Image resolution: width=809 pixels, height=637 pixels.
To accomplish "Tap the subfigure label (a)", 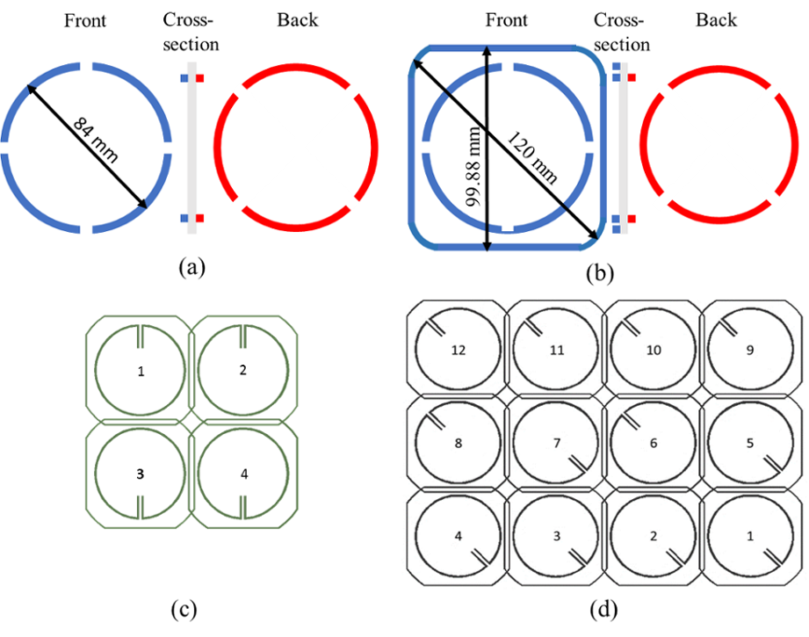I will pos(191,266).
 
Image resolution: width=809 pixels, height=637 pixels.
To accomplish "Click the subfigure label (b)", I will pos(601,272).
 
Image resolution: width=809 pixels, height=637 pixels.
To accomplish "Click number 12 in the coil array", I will pos(457,350).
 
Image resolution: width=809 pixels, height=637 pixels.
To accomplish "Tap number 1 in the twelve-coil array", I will pos(750,535).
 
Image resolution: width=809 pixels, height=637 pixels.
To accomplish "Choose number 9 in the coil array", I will pos(750,350).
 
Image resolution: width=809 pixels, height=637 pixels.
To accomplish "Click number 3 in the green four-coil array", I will pos(141,474).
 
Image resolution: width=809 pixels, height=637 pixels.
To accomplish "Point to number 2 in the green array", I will pos(242,370).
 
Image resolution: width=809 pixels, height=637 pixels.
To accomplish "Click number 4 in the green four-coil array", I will pos(243,474).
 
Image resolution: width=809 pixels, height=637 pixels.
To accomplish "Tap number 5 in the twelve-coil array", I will pos(750,443).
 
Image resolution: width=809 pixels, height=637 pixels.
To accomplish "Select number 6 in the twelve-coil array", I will pos(653,443).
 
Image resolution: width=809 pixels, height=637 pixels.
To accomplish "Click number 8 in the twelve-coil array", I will pos(457,443).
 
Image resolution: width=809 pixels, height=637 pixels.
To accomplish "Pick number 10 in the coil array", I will pos(653,350).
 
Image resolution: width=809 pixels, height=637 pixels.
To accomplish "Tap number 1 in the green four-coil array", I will pos(141,372).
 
